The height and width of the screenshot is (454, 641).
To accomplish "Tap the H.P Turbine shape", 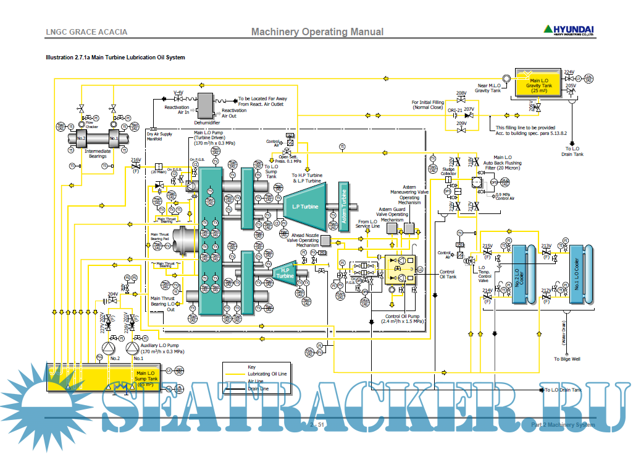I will coord(285,273).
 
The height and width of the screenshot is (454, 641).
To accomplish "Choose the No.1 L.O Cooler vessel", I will coord(577,273).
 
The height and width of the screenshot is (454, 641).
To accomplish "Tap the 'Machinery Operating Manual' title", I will coord(317,32).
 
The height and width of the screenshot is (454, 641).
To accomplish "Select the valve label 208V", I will coord(461,93).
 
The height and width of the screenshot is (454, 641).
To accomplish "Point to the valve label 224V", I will coord(569,72).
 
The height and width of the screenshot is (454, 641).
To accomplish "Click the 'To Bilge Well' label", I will coord(566,359).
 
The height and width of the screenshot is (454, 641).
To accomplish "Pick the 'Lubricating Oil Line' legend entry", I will coord(267,374).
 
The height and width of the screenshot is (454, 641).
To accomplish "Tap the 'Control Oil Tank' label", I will coord(448,274).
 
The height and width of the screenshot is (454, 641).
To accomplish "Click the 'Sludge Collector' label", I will coord(449,171).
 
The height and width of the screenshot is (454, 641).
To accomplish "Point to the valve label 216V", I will coord(136,160).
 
